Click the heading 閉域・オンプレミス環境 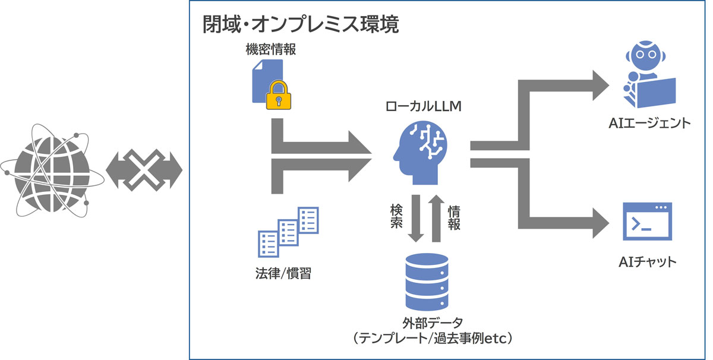coord(300,26)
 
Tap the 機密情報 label coord(270,50)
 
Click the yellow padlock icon coord(279,95)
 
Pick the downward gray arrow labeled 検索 coord(416,220)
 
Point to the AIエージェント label coord(649,124)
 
